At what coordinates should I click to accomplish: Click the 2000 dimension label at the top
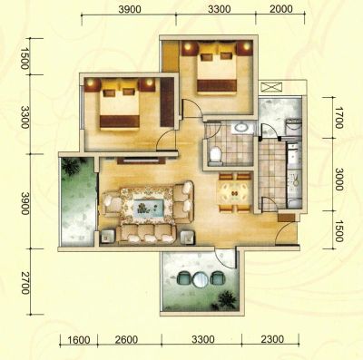(x=281, y=9)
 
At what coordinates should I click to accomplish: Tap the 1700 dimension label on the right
(x=338, y=118)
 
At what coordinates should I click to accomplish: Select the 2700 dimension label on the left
(x=25, y=283)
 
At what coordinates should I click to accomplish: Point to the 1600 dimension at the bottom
(x=79, y=340)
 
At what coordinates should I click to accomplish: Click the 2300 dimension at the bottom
(x=272, y=339)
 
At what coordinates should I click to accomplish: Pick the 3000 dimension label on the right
(x=338, y=180)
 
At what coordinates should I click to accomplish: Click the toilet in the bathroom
(x=216, y=154)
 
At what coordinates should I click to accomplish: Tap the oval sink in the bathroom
(x=241, y=127)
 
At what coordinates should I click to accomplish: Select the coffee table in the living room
(x=150, y=208)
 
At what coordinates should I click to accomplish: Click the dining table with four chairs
(x=235, y=192)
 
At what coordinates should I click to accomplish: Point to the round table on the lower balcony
(x=200, y=279)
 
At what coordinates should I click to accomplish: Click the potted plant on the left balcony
(x=72, y=167)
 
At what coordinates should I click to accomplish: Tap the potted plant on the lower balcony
(x=226, y=299)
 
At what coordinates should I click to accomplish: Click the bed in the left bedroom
(x=120, y=103)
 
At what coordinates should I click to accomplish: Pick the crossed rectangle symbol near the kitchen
(x=271, y=87)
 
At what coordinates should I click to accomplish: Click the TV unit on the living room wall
(x=141, y=161)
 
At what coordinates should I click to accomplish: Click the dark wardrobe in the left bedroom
(x=167, y=102)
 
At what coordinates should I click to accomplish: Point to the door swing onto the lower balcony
(x=223, y=259)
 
